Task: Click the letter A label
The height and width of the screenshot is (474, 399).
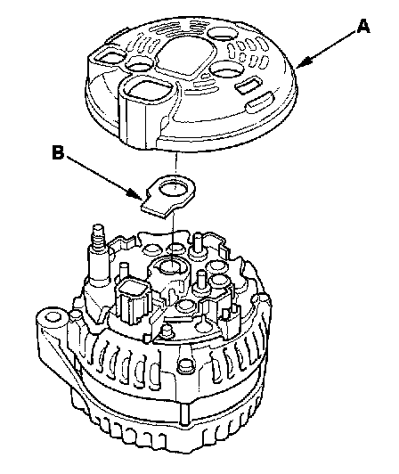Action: coord(363,26)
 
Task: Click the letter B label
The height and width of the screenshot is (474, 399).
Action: coord(58,152)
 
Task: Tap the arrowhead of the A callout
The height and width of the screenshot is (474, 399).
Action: coord(304,62)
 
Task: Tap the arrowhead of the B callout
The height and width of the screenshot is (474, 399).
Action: coord(135,194)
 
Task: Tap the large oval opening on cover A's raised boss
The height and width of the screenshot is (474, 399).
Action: coord(147,91)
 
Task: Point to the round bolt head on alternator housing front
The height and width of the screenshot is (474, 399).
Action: coord(185,365)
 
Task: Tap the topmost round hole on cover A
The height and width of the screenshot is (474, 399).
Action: coord(222,33)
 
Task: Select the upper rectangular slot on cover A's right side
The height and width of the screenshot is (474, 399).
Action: coord(248,85)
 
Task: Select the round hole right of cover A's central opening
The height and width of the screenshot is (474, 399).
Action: coord(224,69)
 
